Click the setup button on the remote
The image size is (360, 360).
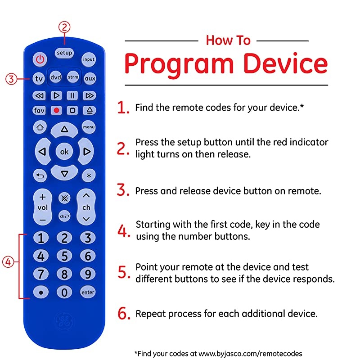(x=64, y=53)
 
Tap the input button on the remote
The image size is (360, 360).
(x=88, y=59)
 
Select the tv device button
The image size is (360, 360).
(x=40, y=78)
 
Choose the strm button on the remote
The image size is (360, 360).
(x=73, y=77)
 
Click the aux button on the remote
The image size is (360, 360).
(x=90, y=78)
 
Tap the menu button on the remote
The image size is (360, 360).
(x=89, y=127)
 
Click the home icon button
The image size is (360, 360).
(x=40, y=127)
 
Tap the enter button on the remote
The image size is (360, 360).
(x=88, y=292)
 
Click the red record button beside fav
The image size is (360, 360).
(x=57, y=110)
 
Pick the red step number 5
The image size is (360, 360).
(x=123, y=273)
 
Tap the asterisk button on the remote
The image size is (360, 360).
(x=89, y=175)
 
